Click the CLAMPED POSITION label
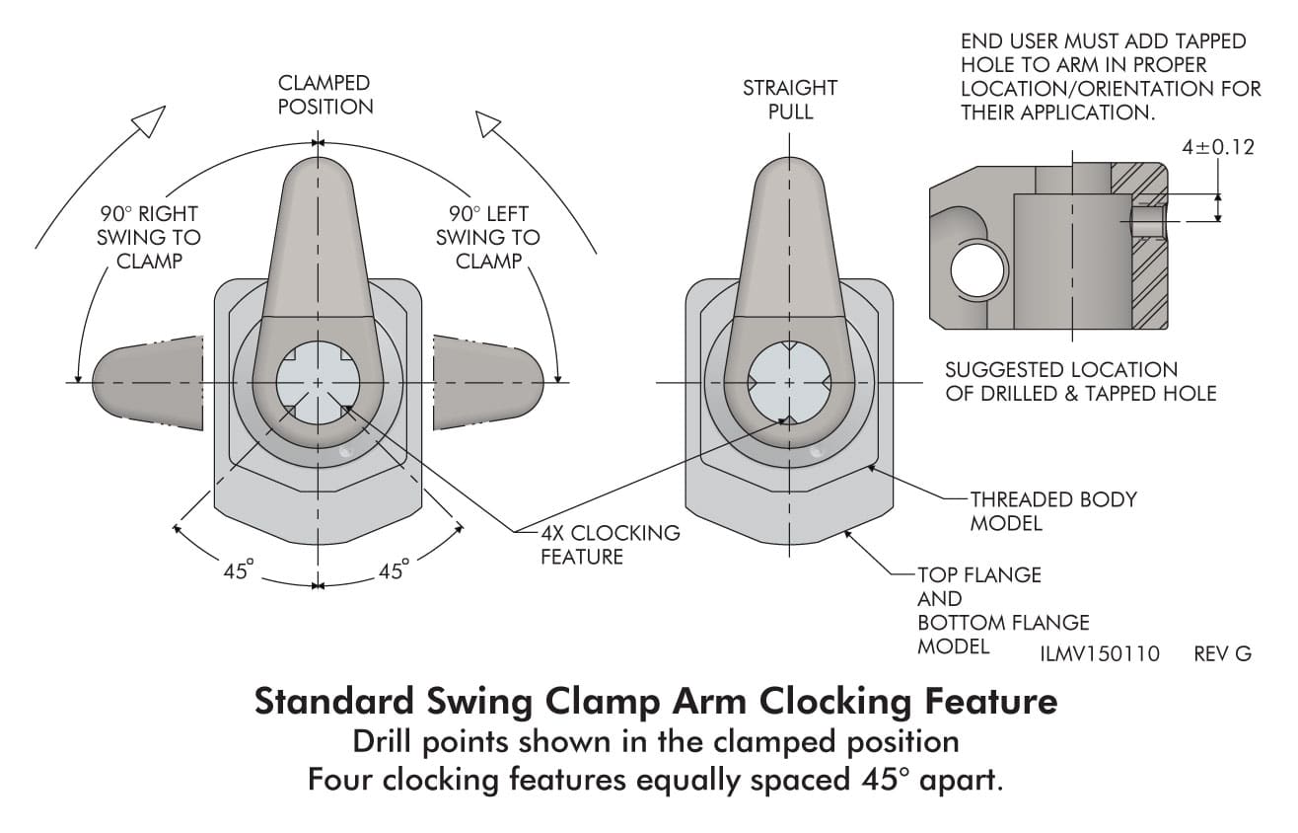pyautogui.click(x=325, y=95)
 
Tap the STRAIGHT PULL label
pyautogui.click(x=790, y=99)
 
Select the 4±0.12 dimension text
pyautogui.click(x=1218, y=147)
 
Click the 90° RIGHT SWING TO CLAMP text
pyautogui.click(x=149, y=237)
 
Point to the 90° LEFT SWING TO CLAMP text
pyautogui.click(x=488, y=237)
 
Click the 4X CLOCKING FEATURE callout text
pyautogui.click(x=611, y=545)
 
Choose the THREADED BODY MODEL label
pyautogui.click(x=1053, y=511)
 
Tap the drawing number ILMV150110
pyautogui.click(x=1100, y=654)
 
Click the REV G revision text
pyautogui.click(x=1223, y=654)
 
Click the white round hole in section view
pyautogui.click(x=978, y=270)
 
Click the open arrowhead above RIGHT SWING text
pyautogui.click(x=150, y=120)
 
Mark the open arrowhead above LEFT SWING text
pyautogui.click(x=488, y=123)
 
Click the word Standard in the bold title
pyautogui.click(x=333, y=702)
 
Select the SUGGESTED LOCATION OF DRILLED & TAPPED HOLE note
pyautogui.click(x=1081, y=381)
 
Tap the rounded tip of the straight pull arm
pyautogui.click(x=789, y=165)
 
